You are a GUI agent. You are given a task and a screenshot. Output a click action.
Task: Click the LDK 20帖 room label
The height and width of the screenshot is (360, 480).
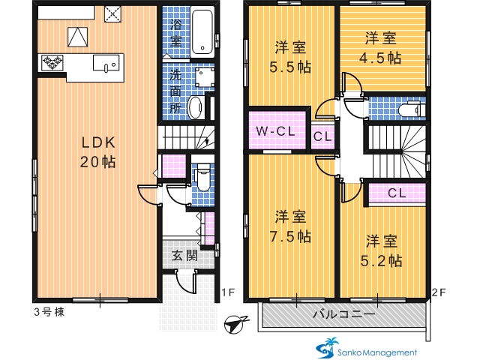98,152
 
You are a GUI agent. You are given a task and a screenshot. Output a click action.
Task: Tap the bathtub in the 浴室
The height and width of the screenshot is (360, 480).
202,31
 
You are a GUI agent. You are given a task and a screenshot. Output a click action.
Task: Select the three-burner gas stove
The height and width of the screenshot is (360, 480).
52,62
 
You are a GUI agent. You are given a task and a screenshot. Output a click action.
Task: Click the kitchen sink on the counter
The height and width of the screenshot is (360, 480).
106,63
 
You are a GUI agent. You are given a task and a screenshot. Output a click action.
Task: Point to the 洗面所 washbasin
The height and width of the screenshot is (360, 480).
196,107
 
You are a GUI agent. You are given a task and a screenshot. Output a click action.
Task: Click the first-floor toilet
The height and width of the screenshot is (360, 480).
203,178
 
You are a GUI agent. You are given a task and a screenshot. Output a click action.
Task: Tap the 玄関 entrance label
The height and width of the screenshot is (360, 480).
184,256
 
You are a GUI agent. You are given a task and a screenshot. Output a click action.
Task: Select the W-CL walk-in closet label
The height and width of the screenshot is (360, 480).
275,131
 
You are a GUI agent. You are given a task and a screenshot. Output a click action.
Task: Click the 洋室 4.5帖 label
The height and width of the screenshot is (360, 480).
380,48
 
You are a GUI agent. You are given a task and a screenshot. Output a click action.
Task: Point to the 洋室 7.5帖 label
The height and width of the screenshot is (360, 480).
290,226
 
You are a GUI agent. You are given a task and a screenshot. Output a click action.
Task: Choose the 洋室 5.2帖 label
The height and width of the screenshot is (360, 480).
382,251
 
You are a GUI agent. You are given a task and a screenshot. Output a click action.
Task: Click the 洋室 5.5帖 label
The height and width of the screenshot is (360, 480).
290,57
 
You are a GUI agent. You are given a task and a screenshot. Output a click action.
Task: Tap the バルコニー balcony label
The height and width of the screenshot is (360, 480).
343,314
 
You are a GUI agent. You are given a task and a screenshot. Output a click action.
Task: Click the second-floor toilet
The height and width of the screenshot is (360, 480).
412,109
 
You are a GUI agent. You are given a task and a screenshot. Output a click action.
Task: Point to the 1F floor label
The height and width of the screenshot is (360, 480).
228,292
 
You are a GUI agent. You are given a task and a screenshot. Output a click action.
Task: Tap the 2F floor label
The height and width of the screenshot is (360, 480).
438,292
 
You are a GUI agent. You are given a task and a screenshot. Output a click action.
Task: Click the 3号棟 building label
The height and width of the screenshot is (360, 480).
49,312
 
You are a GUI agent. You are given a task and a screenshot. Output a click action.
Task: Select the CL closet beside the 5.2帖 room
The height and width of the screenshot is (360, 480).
397,193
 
